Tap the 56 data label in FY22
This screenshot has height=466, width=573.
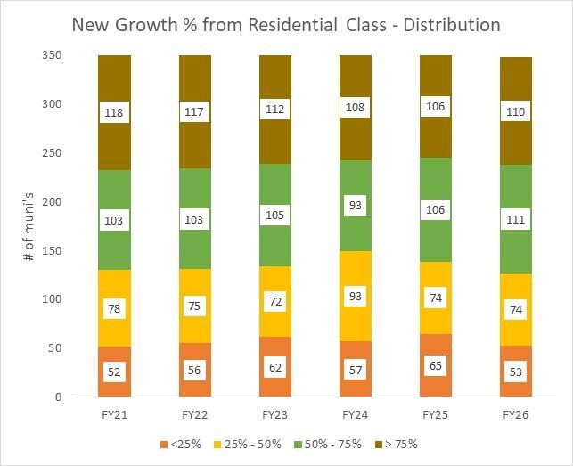194,369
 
